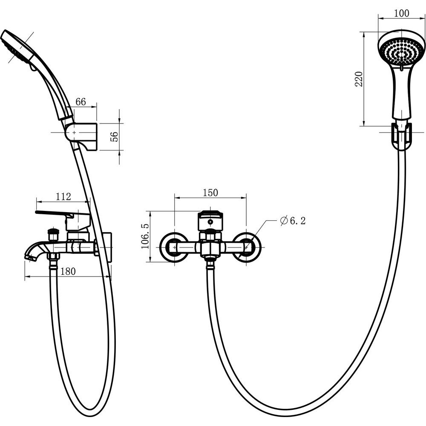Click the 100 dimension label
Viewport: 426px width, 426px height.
pos(401,13)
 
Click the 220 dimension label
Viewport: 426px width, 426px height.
pos(359,79)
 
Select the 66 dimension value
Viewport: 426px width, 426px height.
pos(81,102)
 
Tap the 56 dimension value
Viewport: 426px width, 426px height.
pos(115,136)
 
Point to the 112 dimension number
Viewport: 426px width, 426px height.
pos(63,196)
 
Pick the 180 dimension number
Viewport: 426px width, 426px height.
pos(67,271)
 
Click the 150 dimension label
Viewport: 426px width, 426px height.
pos(210,193)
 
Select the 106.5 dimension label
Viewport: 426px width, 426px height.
pos(145,236)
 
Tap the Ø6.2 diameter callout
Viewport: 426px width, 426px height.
pos(293,221)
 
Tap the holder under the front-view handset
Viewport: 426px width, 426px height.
pos(401,136)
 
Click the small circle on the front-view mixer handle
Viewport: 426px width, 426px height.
pos(210,222)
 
